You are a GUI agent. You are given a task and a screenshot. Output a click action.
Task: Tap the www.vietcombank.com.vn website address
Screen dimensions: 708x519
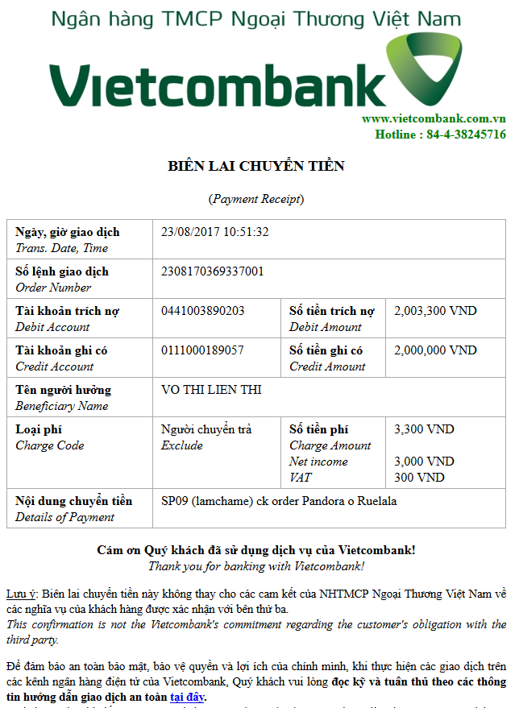pos(434,119)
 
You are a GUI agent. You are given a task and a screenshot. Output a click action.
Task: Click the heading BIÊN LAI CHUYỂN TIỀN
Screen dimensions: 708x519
pos(255,167)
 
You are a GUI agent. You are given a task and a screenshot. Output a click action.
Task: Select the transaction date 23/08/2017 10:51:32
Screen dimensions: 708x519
pos(214,232)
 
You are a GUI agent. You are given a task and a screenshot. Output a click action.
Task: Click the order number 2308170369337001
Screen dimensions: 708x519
pos(212,271)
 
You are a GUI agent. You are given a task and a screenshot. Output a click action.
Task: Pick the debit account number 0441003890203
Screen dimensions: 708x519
pos(202,311)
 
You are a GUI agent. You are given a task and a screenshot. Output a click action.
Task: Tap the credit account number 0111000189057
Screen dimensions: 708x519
pos(202,350)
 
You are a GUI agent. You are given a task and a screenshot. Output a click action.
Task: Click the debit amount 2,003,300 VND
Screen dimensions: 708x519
pos(435,311)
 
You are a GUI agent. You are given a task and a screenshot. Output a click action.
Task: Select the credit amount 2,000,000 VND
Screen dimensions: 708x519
pos(435,350)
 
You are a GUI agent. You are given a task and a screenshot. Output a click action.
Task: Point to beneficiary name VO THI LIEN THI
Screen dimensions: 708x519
pos(211,390)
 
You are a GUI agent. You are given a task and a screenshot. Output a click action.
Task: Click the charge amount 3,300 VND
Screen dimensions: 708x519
pos(424,429)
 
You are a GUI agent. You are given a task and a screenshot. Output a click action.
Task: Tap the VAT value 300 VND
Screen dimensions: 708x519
pos(419,478)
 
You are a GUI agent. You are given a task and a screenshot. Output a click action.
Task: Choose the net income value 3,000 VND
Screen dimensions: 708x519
pos(424,462)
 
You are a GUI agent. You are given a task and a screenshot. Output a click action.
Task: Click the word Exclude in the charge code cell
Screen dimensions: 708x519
pos(181,445)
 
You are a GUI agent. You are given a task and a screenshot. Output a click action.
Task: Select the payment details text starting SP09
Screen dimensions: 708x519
pos(279,501)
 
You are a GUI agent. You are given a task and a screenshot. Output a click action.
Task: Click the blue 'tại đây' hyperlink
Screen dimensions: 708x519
pos(187,697)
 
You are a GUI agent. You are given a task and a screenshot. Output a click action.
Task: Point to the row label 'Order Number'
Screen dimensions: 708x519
pos(53,288)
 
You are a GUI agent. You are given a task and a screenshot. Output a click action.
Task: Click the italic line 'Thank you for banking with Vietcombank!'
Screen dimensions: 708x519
pos(255,566)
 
